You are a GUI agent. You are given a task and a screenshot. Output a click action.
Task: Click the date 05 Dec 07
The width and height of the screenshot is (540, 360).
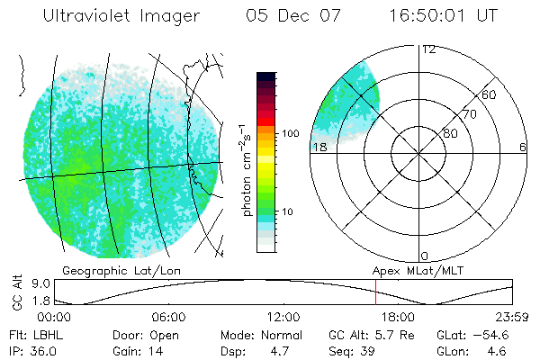(x=290, y=17)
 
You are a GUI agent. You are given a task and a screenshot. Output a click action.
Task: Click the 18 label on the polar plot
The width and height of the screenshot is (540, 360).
(x=319, y=147)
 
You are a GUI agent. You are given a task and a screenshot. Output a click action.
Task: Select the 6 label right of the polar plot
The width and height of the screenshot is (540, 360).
(x=523, y=147)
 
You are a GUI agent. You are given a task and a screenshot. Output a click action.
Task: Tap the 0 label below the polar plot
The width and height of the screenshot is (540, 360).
(x=425, y=256)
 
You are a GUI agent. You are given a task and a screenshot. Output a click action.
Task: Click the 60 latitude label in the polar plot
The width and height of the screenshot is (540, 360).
(x=490, y=94)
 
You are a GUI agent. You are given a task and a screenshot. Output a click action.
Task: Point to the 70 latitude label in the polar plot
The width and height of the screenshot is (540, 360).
(x=469, y=115)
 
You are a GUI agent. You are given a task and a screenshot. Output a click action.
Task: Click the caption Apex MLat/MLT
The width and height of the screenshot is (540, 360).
(x=410, y=270)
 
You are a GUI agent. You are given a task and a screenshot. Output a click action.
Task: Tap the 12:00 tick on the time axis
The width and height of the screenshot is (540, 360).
(x=283, y=318)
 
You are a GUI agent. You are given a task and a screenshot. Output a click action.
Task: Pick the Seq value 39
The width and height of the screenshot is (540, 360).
(x=368, y=349)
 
